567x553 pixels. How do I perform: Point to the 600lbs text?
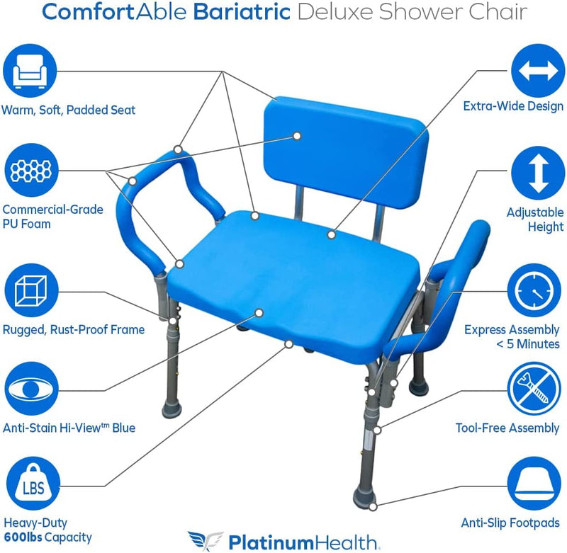pyautogui.click(x=21, y=537)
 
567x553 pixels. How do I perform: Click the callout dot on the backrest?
pyautogui.click(x=297, y=135)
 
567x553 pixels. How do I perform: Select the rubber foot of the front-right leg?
pyautogui.click(x=365, y=496)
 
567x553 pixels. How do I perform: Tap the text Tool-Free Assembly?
pyautogui.click(x=507, y=428)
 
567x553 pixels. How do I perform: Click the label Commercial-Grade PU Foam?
pyautogui.click(x=52, y=217)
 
